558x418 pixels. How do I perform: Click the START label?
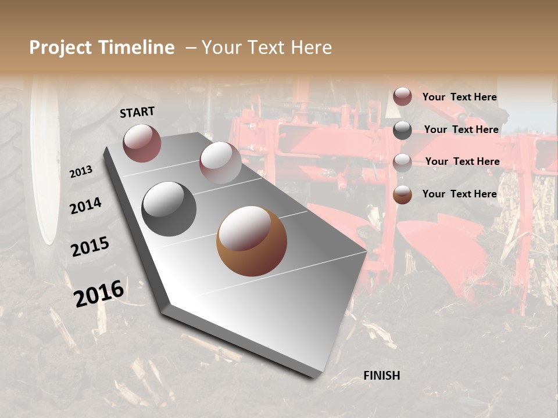coord(137,112)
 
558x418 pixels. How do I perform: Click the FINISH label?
coord(381,376)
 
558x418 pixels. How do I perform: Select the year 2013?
coord(81,171)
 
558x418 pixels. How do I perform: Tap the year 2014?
coord(85,206)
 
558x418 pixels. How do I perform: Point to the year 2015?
coord(90,247)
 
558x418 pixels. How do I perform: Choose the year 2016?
coord(99,293)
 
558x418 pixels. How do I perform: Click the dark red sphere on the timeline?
coord(142,143)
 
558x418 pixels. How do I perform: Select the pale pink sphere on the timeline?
coord(220,163)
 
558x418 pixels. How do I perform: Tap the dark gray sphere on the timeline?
coord(169,209)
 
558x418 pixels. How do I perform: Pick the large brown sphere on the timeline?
coord(252,241)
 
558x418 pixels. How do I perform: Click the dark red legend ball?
coord(402,96)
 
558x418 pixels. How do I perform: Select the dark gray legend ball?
coord(402,130)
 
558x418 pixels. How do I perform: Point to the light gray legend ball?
coord(402,163)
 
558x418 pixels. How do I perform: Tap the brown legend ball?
coord(402,194)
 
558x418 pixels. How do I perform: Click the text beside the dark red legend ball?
coord(459,97)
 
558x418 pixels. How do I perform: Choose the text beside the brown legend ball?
coord(459,194)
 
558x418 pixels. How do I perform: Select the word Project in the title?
coord(60,48)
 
